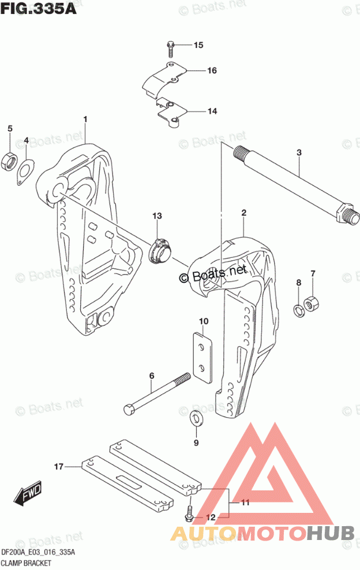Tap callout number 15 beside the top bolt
[x=198, y=45]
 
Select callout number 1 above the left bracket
[x=85, y=119]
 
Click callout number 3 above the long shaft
[x=299, y=152]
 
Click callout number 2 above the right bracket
[x=244, y=213]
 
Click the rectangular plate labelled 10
[x=202, y=357]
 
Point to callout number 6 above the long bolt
[x=152, y=376]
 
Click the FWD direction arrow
[x=26, y=494]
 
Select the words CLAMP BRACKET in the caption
[x=28, y=562]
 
